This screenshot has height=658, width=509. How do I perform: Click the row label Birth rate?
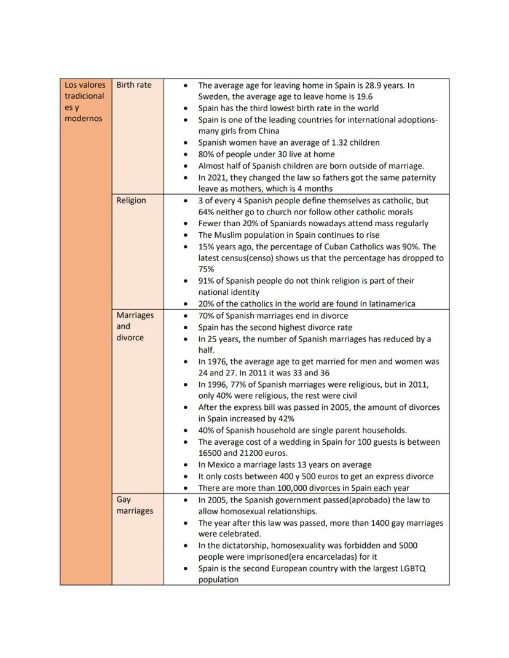tap(133, 85)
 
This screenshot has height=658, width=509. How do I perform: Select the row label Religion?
tap(131, 200)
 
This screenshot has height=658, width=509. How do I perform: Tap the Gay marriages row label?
tap(134, 505)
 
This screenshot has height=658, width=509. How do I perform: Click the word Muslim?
tap(231, 235)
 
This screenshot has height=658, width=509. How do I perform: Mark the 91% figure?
tap(207, 281)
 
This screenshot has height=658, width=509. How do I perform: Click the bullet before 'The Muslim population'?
tap(186, 235)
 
